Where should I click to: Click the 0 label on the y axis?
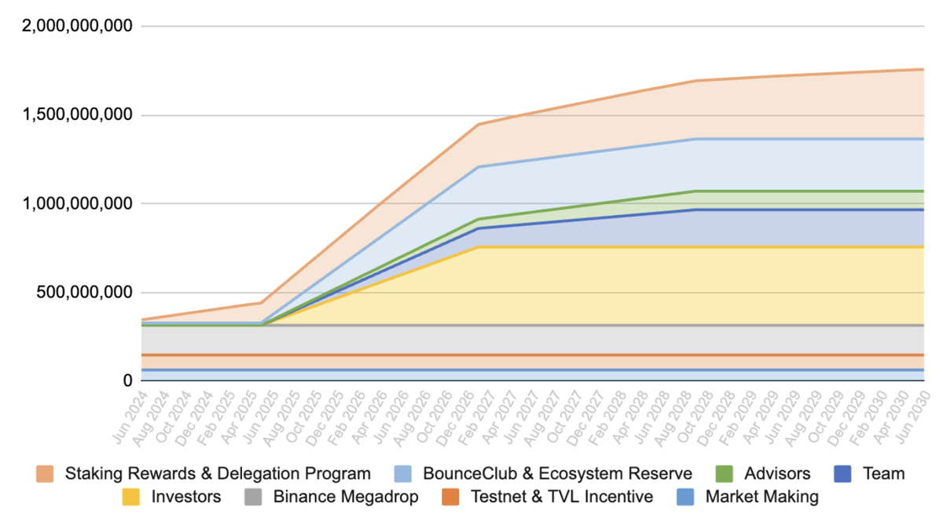coord(126,381)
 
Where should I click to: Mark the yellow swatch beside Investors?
coord(132,496)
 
